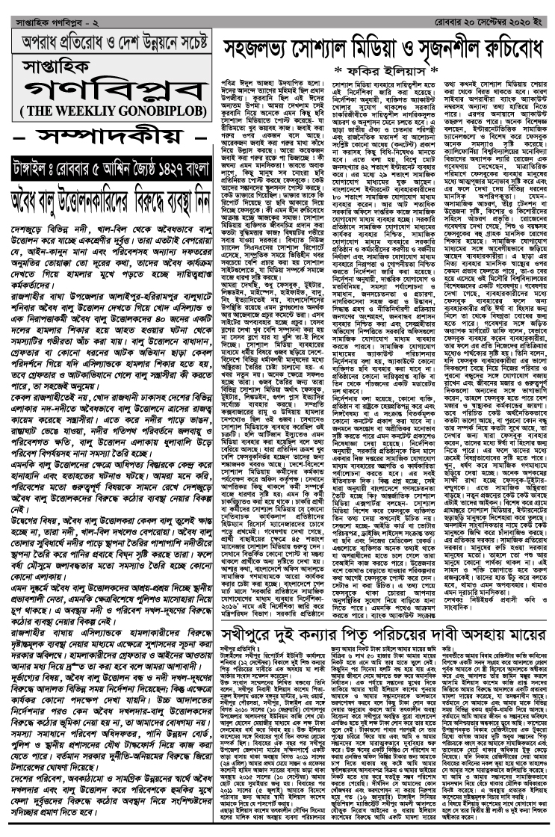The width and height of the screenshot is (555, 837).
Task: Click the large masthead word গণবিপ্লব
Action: click(x=106, y=88)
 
